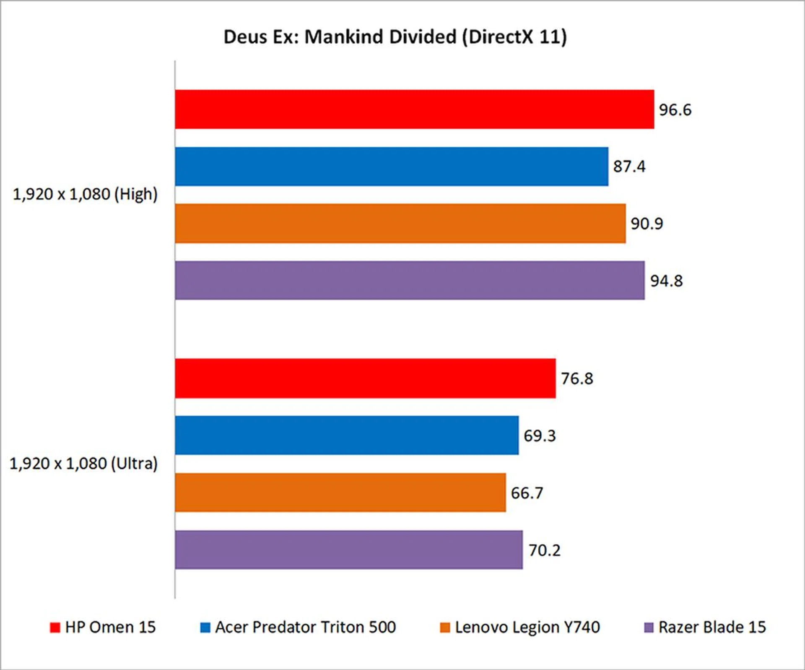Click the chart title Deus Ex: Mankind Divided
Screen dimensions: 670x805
[x=395, y=37]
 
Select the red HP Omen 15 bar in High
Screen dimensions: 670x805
[x=414, y=109]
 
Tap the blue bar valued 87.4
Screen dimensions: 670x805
[x=392, y=166]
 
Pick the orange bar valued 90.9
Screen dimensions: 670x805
[x=400, y=223]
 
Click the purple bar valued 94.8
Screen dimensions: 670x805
[x=410, y=280]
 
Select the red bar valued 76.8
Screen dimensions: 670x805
[x=365, y=378]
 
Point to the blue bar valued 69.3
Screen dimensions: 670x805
[x=347, y=435]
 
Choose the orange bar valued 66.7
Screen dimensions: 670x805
[x=340, y=493]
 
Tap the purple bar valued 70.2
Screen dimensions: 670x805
[x=349, y=550]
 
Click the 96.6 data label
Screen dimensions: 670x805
[x=675, y=110]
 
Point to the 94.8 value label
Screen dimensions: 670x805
[x=666, y=281]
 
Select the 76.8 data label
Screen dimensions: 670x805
[x=577, y=379]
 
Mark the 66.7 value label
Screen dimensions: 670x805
[x=527, y=493]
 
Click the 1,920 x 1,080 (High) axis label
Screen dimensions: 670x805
[x=85, y=195]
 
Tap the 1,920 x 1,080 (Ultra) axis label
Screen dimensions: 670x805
[x=83, y=464]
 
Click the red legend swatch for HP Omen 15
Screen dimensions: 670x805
[x=55, y=628]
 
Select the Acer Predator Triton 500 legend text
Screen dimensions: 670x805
[x=305, y=627]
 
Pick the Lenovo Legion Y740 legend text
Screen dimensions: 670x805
[x=527, y=627]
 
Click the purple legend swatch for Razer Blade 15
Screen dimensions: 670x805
[x=649, y=628]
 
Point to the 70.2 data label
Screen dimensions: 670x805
[x=544, y=550]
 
